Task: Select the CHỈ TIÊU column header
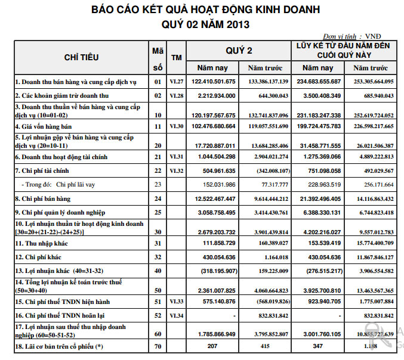[81, 57]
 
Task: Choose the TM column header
[176, 57]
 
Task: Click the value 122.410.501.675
[214, 81]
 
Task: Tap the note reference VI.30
[176, 126]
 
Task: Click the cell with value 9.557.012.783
[374, 231]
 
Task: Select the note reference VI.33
[176, 302]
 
